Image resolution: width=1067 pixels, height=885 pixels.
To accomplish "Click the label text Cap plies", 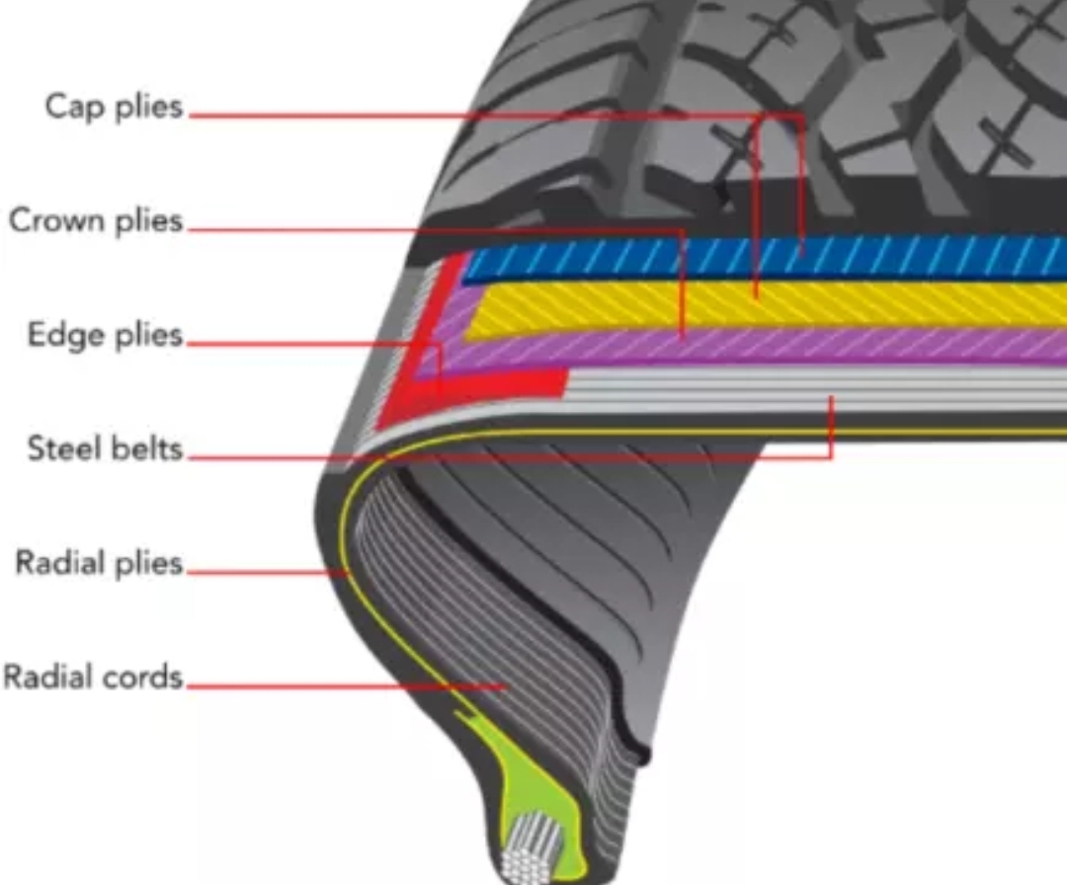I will click(x=115, y=107).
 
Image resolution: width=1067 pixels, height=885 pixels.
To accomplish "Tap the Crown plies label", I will click(x=96, y=220).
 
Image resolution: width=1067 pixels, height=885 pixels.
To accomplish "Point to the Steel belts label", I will click(x=105, y=449).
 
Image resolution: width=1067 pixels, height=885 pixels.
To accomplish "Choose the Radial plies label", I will click(x=99, y=564).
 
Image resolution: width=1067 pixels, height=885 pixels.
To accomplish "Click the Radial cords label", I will click(x=93, y=678).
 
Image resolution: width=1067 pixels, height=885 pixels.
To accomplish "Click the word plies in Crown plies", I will click(x=147, y=221).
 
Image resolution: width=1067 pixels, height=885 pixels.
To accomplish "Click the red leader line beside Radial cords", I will click(x=346, y=684).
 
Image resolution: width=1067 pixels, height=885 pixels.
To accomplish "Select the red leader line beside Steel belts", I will click(x=494, y=458).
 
